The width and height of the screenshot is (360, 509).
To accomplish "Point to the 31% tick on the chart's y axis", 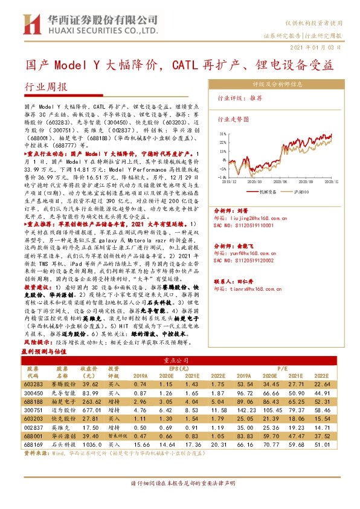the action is [223, 134].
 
